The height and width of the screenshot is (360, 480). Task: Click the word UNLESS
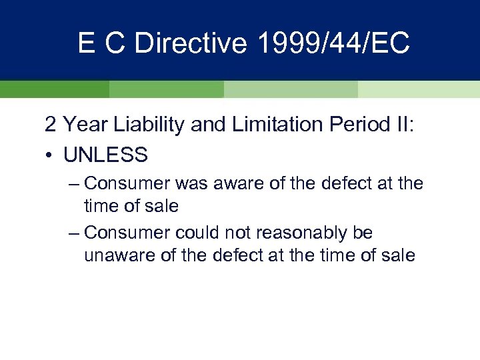[x=105, y=155]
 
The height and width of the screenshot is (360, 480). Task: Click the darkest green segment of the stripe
[x=54, y=89]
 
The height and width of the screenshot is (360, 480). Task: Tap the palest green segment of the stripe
[x=419, y=89]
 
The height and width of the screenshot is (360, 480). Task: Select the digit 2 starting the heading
[x=51, y=125]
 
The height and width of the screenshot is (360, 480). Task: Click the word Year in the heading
[x=83, y=125]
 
